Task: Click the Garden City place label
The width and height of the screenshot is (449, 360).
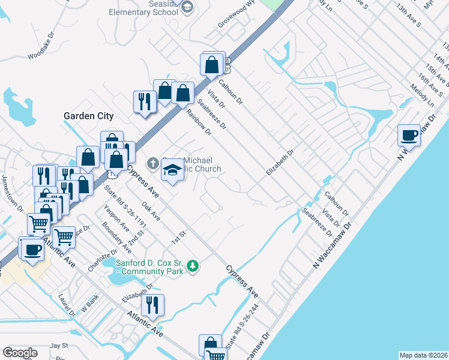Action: pos(88,115)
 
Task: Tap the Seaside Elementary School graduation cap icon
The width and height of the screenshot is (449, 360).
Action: pos(187,7)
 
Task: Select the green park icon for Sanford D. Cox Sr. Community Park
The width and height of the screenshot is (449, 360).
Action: pos(192,265)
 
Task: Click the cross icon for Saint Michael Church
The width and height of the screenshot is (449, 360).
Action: pos(153,163)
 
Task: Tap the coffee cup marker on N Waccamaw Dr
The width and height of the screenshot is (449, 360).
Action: pos(409,135)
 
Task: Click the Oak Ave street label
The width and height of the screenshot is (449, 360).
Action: pos(151,211)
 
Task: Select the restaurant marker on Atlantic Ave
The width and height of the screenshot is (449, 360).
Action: pos(152,305)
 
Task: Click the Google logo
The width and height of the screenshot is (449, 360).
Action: pos(20,353)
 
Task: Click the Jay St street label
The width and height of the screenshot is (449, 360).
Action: pos(58,346)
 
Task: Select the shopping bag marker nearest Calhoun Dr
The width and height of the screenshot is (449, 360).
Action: pos(212,64)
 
